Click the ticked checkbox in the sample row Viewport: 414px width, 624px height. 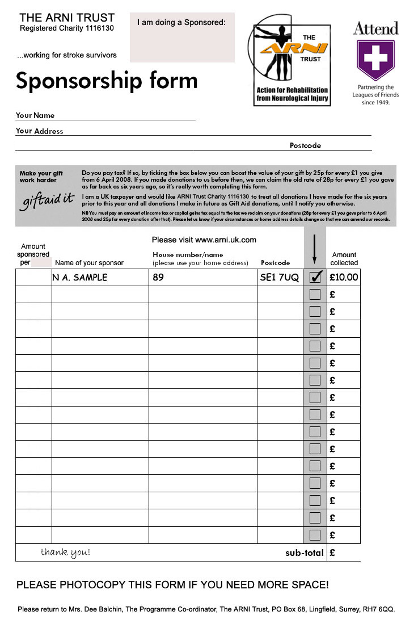(315, 277)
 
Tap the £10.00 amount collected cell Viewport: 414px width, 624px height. (344, 277)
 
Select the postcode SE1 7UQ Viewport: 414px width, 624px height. (280, 278)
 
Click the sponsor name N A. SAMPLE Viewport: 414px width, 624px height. (79, 278)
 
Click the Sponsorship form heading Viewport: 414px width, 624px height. (107, 81)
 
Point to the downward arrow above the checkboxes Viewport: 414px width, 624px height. (315, 249)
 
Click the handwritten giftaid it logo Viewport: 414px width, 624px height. (49, 200)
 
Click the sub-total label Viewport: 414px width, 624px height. (305, 552)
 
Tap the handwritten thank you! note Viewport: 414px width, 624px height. (65, 552)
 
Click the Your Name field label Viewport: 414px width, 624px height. (35, 115)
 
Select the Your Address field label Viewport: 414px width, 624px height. (39, 131)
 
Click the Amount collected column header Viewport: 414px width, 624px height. (344, 259)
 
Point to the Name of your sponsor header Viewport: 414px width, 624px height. (89, 263)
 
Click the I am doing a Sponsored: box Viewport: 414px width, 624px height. (182, 37)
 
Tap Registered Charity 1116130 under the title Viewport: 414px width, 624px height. (67, 28)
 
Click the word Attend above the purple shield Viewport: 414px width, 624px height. (375, 28)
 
